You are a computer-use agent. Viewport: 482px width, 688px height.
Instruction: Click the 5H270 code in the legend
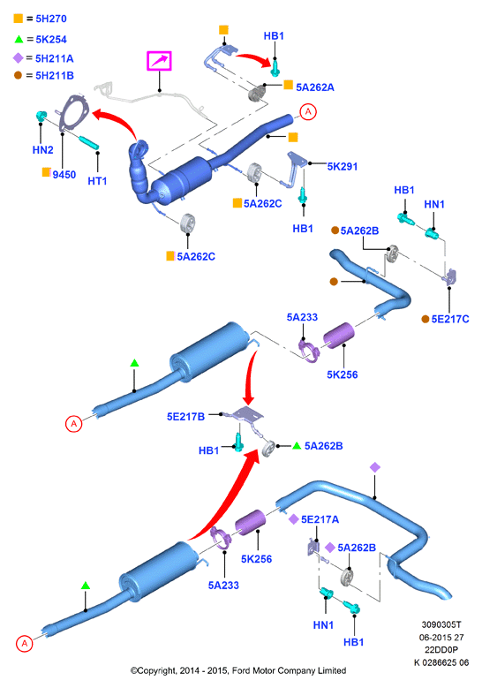click(x=51, y=19)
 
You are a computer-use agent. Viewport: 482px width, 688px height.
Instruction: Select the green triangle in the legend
click(x=19, y=40)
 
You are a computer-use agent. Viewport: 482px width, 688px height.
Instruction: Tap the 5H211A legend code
click(x=55, y=58)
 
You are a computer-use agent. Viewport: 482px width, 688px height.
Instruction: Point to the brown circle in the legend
click(x=18, y=75)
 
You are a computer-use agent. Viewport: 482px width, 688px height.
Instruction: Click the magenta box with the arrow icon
click(x=159, y=61)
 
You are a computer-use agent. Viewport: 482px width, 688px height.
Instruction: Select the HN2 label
click(x=42, y=150)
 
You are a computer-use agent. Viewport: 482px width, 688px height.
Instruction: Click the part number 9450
click(x=64, y=175)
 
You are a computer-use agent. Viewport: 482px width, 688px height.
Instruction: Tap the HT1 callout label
click(x=97, y=181)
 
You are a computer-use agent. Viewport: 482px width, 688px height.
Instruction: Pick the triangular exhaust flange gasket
click(x=73, y=113)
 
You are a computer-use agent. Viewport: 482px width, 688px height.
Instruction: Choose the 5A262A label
click(x=315, y=87)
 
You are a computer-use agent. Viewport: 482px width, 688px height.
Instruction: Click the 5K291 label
click(x=343, y=167)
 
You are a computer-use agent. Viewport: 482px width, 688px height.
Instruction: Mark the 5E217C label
click(x=450, y=319)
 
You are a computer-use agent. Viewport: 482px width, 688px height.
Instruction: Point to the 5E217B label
click(x=185, y=416)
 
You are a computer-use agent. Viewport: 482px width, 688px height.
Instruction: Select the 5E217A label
click(x=320, y=519)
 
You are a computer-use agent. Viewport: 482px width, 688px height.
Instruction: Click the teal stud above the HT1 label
click(x=89, y=142)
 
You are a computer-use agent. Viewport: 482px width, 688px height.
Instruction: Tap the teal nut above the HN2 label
click(x=41, y=117)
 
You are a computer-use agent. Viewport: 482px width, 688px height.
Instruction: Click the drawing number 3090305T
click(x=441, y=624)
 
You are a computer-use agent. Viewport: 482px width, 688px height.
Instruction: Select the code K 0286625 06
click(x=441, y=662)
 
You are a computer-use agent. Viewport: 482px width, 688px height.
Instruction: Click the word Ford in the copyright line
click(x=240, y=670)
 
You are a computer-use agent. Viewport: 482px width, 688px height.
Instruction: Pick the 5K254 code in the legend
click(x=51, y=40)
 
